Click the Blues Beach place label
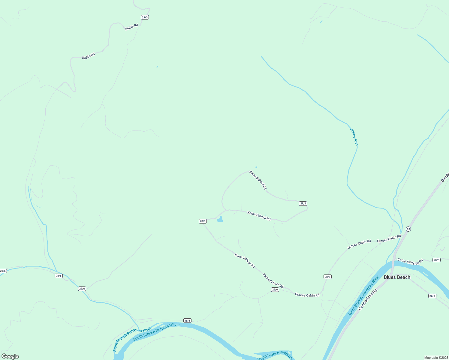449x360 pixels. pos(397,277)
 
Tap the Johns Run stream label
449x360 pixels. pos(354,137)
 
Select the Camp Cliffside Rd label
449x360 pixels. pos(410,262)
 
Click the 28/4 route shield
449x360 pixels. pos(432,296)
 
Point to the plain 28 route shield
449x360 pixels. pos(408,229)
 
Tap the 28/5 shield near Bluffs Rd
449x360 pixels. pos(145,17)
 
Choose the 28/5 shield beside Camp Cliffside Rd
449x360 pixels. pos(436,260)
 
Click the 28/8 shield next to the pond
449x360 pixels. pos(203,221)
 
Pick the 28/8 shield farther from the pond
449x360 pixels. pos(303,203)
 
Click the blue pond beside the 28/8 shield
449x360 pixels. pos(220,219)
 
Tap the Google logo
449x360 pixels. pos(10,356)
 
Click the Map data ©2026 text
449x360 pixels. pos(436,358)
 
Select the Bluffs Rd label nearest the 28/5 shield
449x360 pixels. pos(131,27)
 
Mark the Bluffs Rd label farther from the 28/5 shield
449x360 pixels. pos(89,56)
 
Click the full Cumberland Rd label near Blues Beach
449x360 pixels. pos(367,299)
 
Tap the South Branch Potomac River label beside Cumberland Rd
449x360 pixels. pos(363,296)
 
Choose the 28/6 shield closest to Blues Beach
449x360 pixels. pos(327,277)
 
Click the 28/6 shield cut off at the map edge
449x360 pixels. pos(3,271)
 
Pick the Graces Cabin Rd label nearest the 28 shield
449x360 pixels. pos(389,239)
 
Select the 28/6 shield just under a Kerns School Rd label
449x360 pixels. pos(275,289)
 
